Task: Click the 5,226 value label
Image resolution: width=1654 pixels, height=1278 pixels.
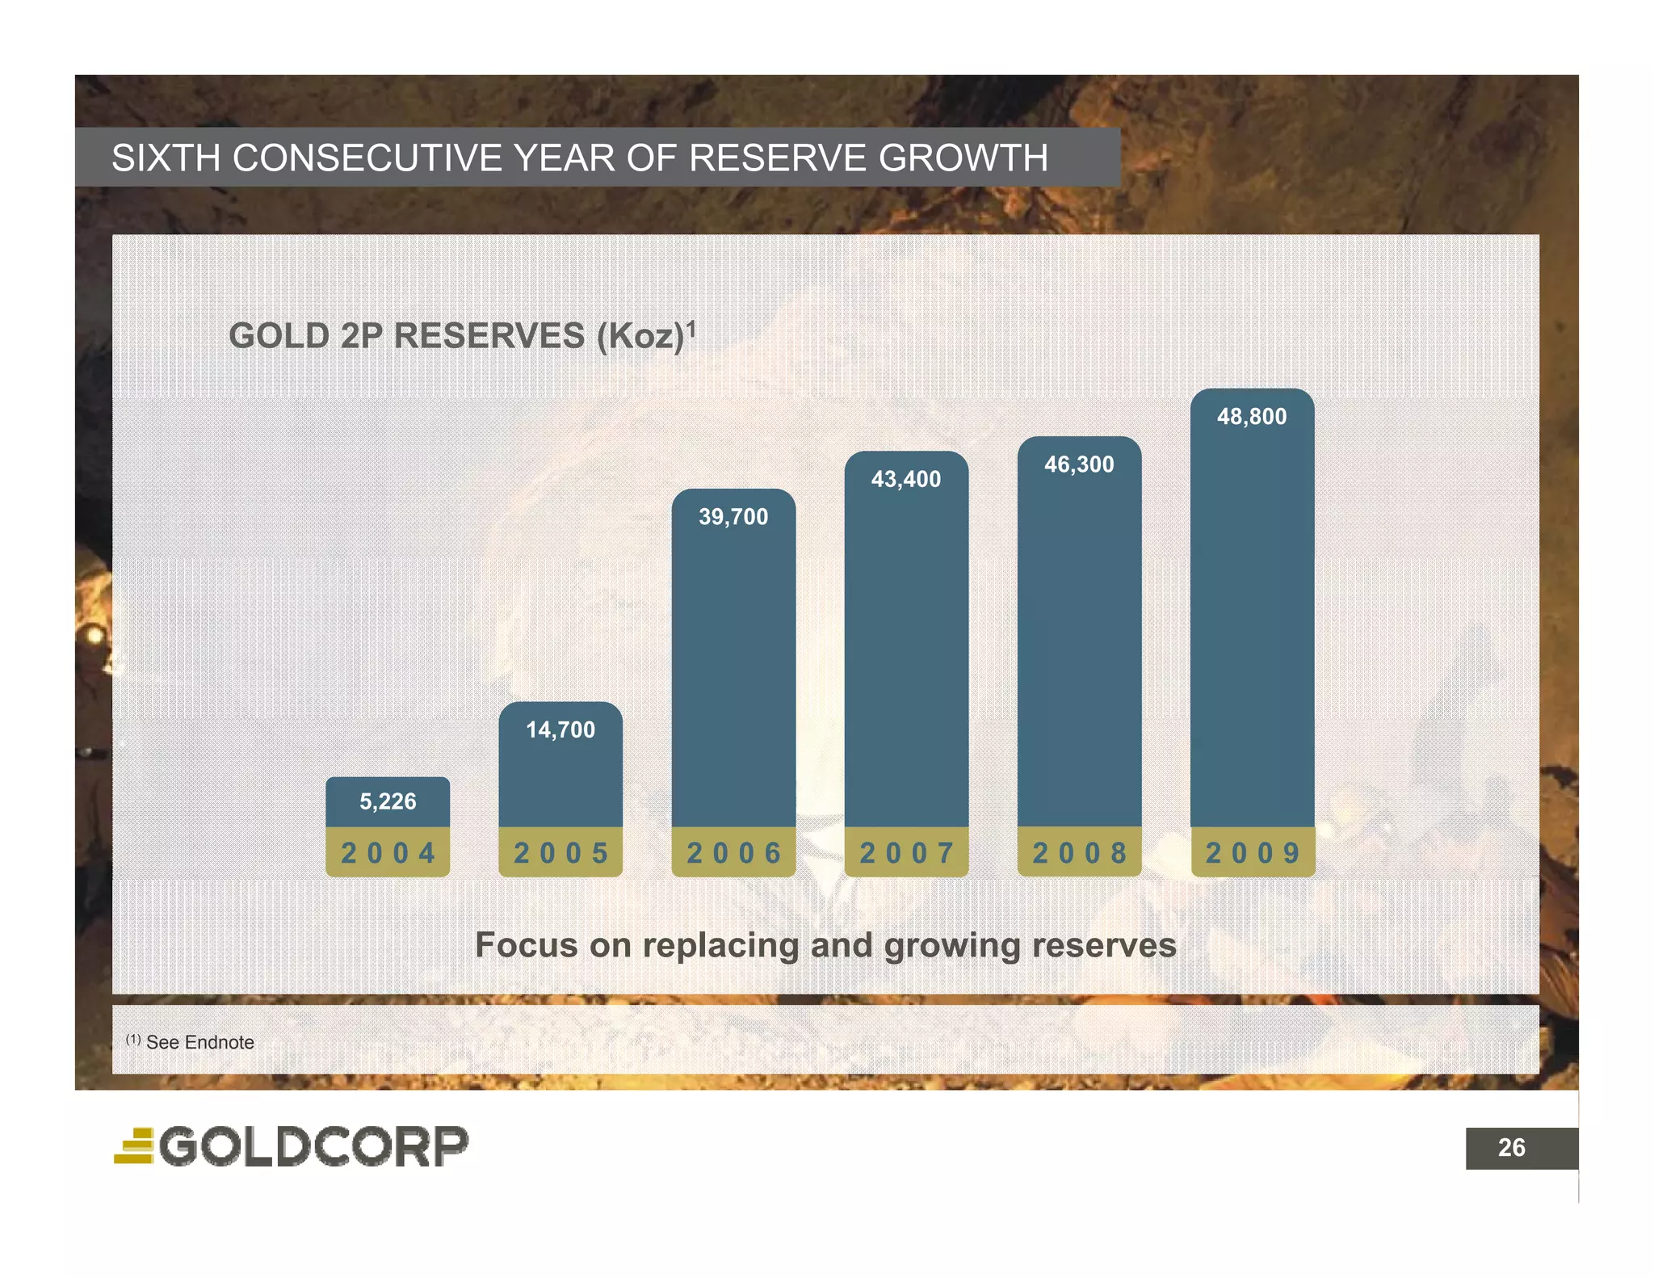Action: [x=388, y=801]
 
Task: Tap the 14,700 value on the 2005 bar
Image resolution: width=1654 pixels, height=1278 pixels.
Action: [x=560, y=730]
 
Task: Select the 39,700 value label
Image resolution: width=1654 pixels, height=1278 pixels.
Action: [x=733, y=517]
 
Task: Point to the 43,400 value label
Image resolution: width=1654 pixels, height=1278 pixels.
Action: [x=906, y=480]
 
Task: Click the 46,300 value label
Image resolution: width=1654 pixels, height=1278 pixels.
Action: [x=1079, y=465]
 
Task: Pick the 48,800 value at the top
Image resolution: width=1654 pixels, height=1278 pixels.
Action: [x=1252, y=417]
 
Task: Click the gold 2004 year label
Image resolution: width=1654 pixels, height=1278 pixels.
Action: [x=388, y=853]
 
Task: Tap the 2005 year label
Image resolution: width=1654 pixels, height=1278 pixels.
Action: [x=560, y=853]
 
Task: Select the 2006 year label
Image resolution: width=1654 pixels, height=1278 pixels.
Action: [x=733, y=853]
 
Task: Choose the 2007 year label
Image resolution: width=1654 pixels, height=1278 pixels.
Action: [x=906, y=853]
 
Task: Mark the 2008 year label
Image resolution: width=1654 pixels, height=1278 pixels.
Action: [x=1079, y=853]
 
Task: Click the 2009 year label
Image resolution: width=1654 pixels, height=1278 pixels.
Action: [x=1253, y=853]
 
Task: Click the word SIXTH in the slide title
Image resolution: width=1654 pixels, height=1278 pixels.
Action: [x=166, y=158]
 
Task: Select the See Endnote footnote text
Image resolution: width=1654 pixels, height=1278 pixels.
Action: [x=199, y=1042]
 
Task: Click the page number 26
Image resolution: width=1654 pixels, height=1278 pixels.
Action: [x=1511, y=1148]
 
